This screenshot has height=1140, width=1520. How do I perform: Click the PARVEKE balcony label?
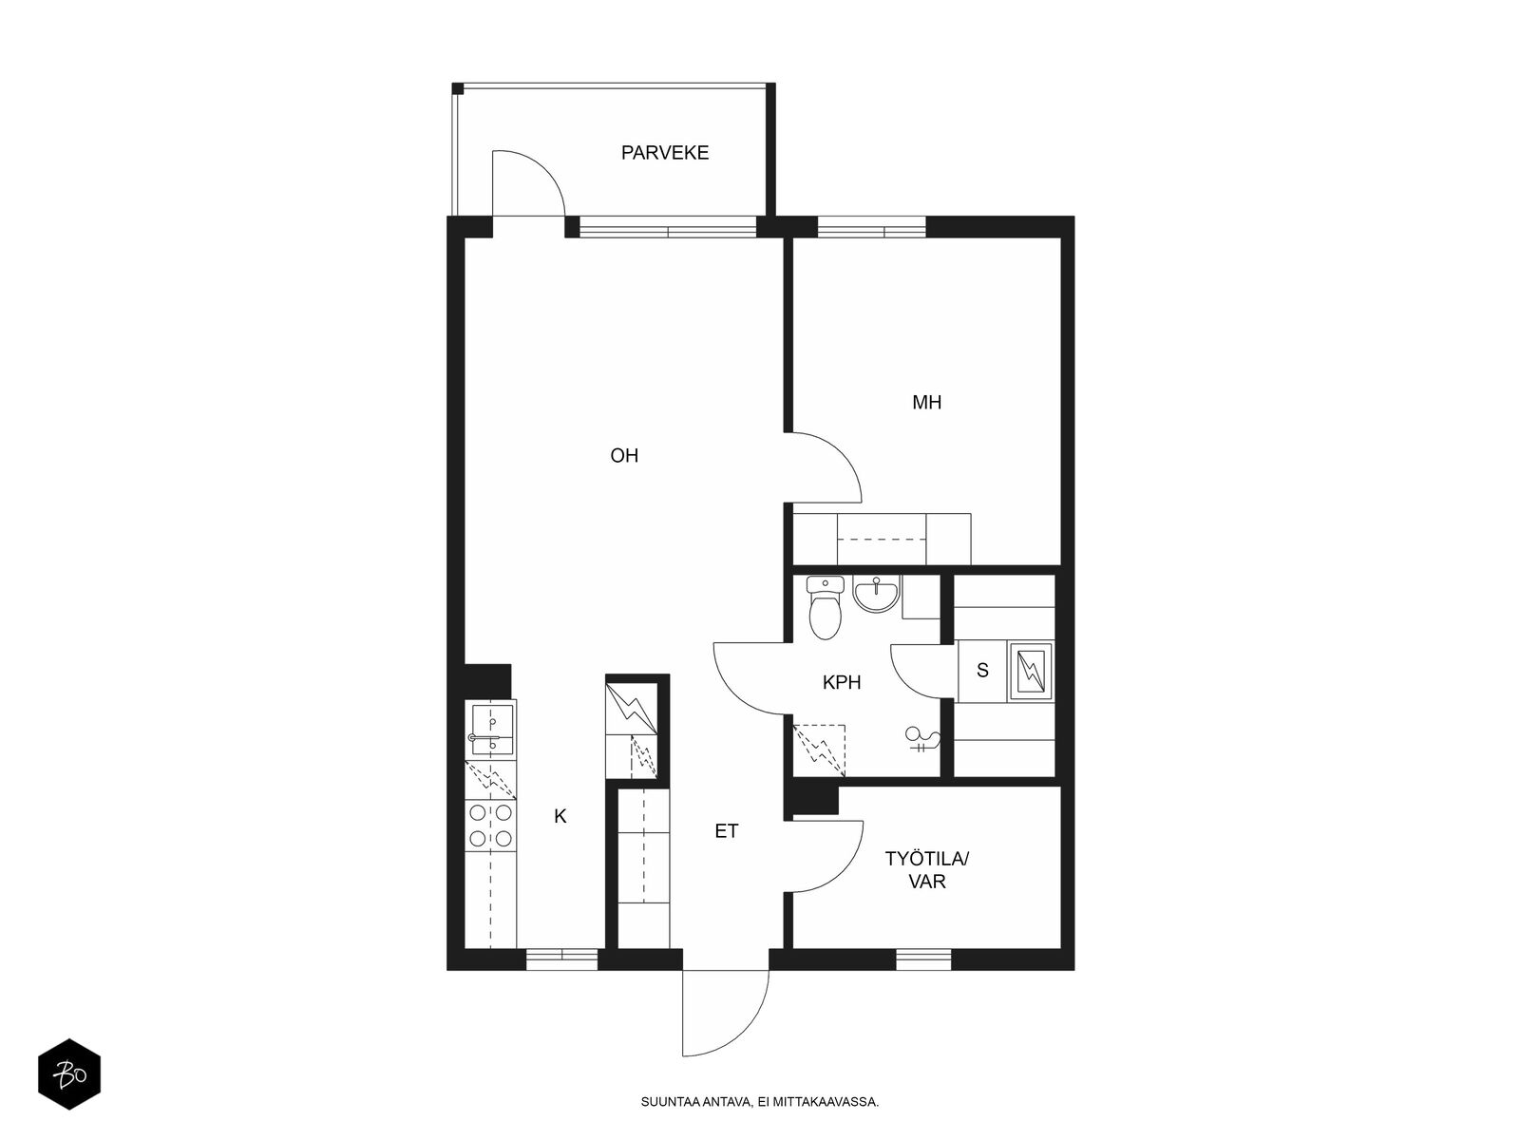[665, 153]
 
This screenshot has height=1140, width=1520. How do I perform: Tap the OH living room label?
[624, 455]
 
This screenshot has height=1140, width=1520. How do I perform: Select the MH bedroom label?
[926, 402]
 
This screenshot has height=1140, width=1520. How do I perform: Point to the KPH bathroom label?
[842, 682]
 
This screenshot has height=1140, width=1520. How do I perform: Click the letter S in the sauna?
[982, 670]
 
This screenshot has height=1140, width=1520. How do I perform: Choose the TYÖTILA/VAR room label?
[926, 870]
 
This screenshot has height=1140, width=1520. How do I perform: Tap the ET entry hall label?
[727, 831]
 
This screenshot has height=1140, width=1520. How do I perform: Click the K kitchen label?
[560, 817]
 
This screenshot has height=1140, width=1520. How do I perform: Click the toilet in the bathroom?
[825, 607]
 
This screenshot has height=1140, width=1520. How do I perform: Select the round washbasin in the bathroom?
[876, 594]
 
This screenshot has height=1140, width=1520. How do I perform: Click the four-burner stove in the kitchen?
[490, 825]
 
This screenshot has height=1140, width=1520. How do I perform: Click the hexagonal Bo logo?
[69, 1074]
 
